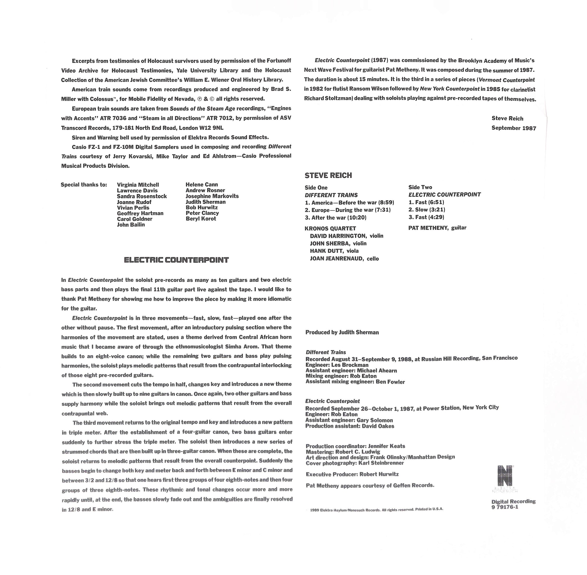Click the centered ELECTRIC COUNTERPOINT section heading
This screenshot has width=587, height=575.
point(176,260)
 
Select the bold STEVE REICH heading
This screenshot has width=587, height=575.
point(328,176)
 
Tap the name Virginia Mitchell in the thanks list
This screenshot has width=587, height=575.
point(138,185)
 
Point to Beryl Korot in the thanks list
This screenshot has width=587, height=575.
point(201,219)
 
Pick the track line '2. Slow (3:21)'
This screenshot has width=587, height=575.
point(427,210)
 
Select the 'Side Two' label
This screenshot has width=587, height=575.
point(420,187)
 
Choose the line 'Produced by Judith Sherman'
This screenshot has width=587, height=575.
point(342,332)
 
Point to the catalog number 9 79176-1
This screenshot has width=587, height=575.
point(505,507)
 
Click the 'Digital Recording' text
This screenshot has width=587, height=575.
point(513,501)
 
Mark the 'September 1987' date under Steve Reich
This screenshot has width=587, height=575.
point(514,128)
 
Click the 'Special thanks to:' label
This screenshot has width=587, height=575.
point(84,185)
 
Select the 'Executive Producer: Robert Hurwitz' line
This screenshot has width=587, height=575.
point(352,475)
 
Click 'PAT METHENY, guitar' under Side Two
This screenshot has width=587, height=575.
point(437,228)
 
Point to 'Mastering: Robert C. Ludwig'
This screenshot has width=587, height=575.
point(343,452)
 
